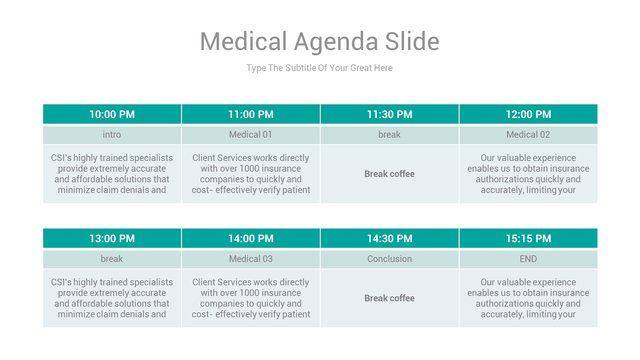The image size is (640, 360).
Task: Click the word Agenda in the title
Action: (336, 42)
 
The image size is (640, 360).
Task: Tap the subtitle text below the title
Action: (319, 68)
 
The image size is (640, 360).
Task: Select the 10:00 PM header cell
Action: (112, 114)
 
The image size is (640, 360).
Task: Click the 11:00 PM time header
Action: (251, 114)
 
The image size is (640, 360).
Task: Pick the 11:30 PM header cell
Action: (389, 114)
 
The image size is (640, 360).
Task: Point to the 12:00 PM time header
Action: (528, 114)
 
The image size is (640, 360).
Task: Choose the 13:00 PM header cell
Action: (112, 239)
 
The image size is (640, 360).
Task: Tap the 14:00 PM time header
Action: (251, 239)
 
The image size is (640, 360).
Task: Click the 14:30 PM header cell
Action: (389, 239)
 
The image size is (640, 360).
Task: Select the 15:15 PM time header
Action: (528, 239)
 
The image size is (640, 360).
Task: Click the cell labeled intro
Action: (112, 135)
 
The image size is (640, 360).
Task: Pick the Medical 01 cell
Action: (251, 135)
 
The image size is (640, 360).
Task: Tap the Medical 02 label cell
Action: (528, 135)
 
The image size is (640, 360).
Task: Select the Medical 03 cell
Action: (251, 259)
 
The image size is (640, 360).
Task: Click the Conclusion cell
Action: (389, 259)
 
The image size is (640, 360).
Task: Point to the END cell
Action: (528, 259)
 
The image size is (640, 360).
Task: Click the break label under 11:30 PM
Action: (389, 135)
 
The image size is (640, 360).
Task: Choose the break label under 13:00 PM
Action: (112, 259)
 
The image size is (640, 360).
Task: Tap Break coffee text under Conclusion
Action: (389, 298)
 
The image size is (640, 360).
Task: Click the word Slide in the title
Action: (412, 42)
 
